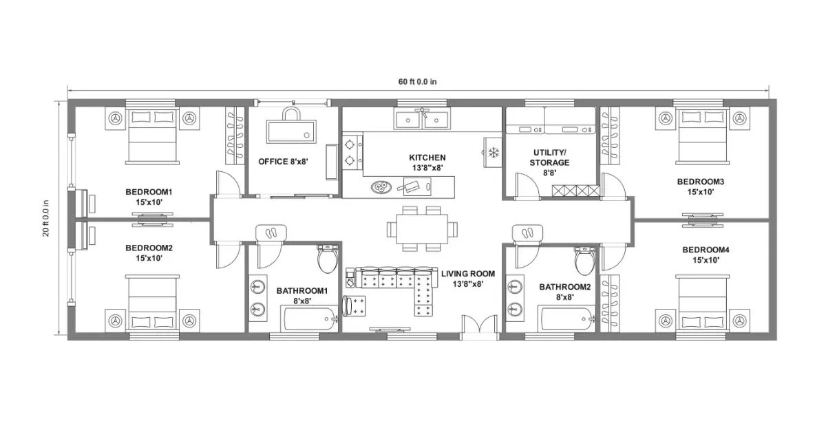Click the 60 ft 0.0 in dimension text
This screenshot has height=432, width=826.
(x=417, y=82)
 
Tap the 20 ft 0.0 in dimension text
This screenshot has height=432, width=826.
(x=46, y=218)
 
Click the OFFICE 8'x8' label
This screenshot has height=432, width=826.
(x=283, y=162)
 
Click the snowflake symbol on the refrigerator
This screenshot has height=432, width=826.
(x=493, y=152)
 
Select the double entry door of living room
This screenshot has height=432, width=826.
(x=479, y=327)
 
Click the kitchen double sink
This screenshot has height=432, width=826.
(x=423, y=120)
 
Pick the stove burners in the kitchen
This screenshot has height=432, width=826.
(x=352, y=152)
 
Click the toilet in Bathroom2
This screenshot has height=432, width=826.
(x=586, y=259)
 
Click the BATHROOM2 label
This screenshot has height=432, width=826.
(x=564, y=292)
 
